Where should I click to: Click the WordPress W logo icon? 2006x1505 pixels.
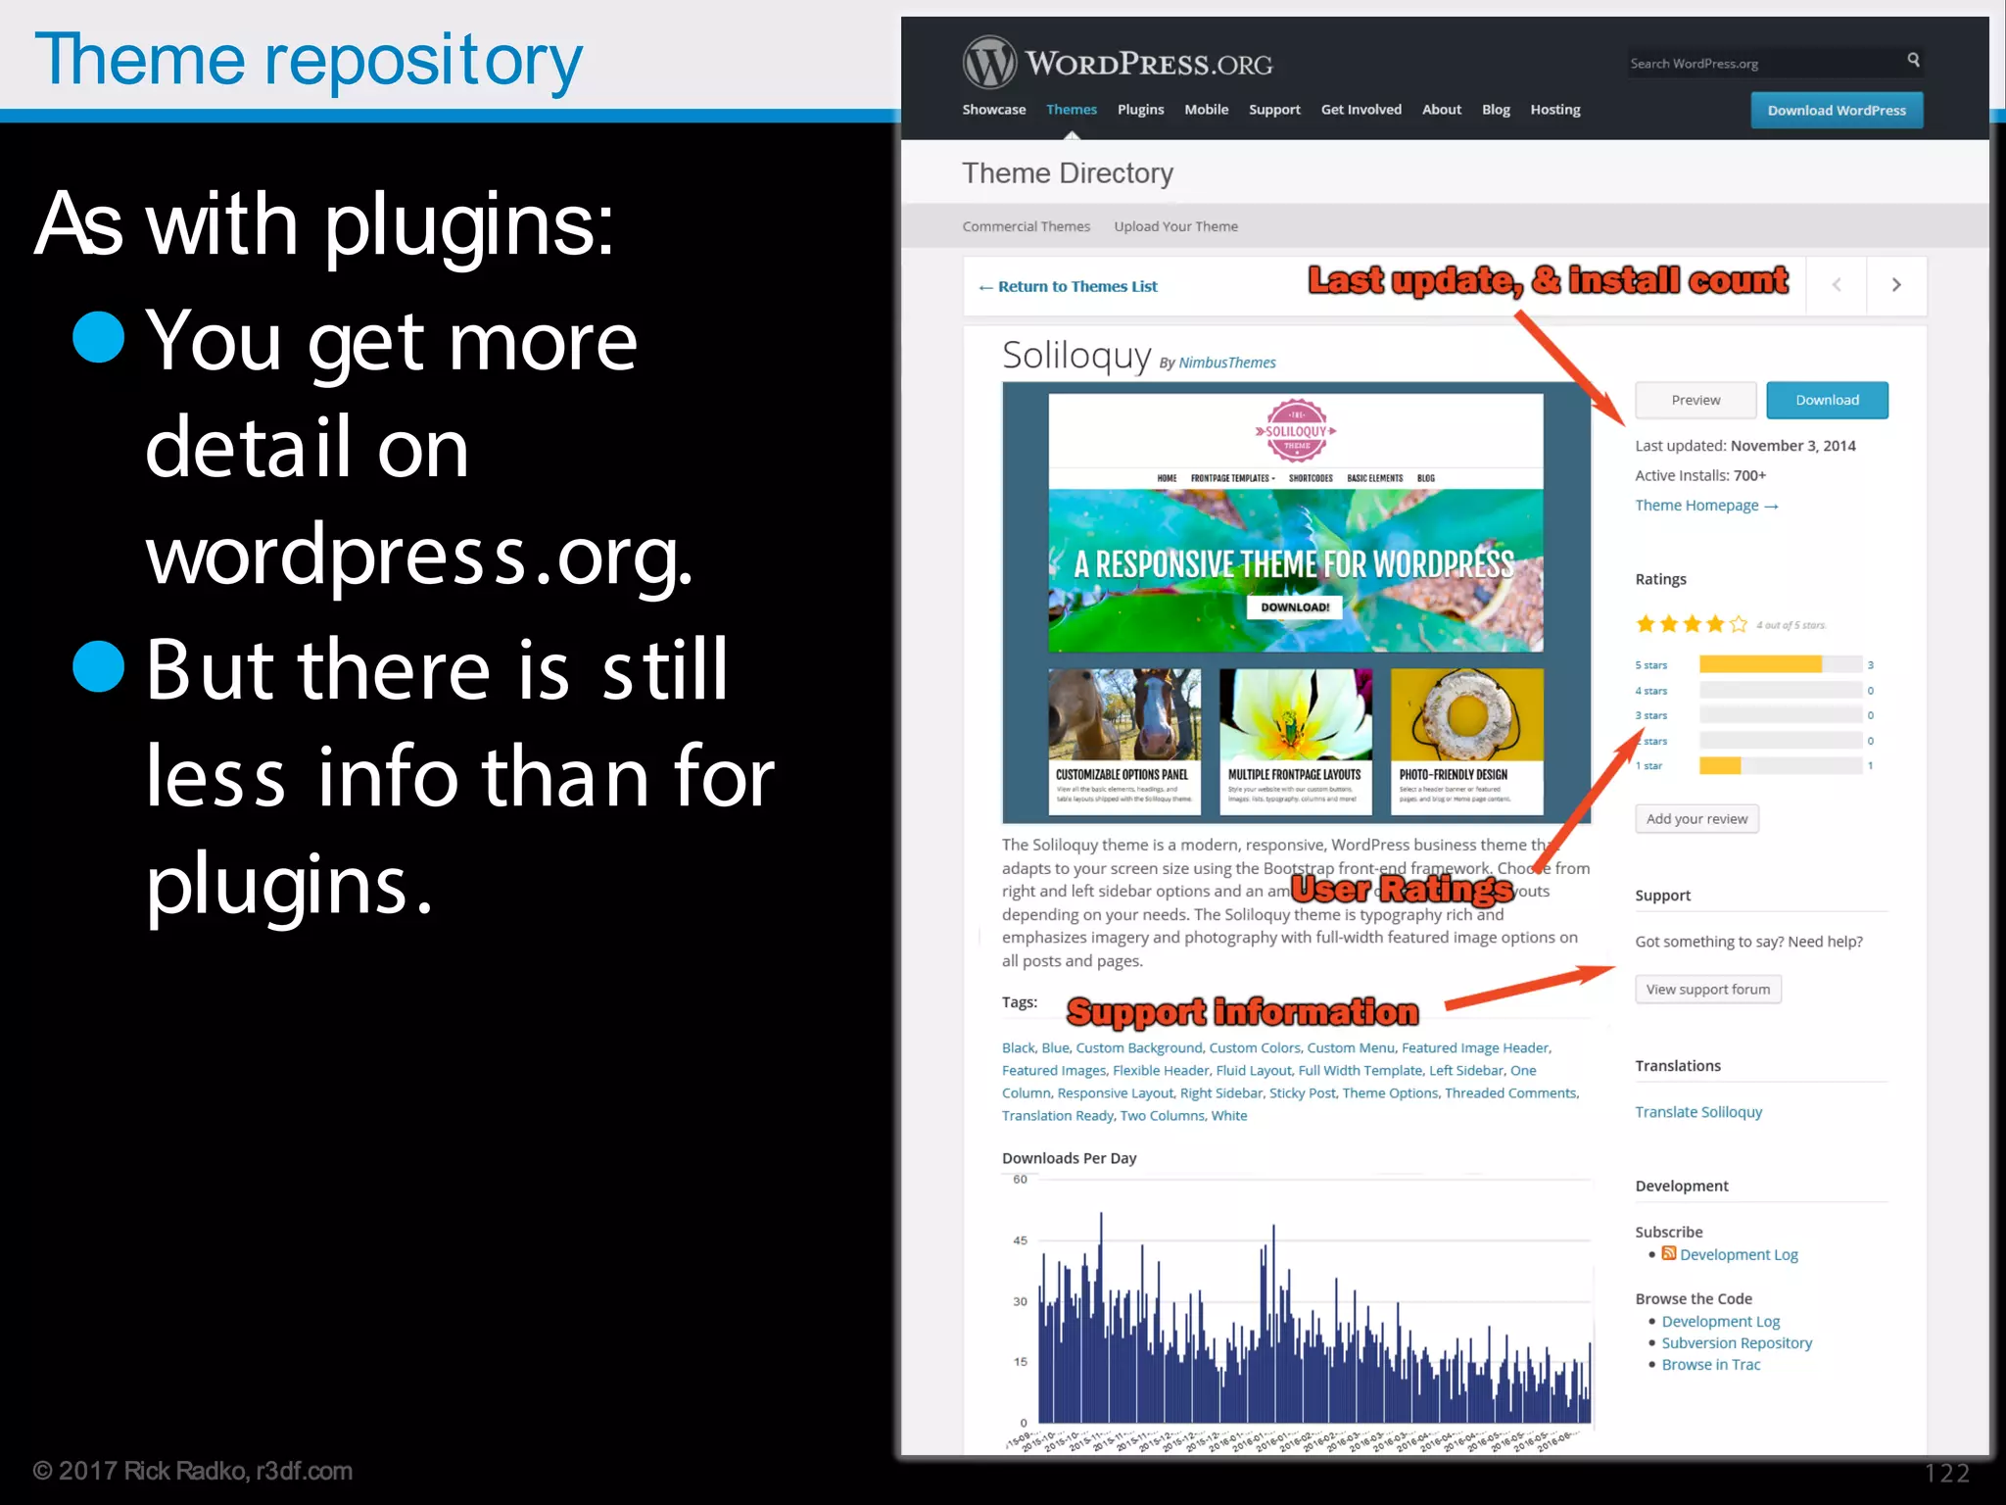(x=989, y=63)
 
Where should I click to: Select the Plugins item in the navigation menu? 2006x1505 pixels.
(x=1140, y=110)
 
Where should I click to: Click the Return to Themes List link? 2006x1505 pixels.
(x=1069, y=286)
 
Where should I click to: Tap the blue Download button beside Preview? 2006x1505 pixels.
(x=1827, y=400)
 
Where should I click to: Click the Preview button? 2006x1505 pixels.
(x=1696, y=400)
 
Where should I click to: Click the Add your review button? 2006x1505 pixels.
(x=1696, y=819)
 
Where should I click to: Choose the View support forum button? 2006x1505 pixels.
(x=1707, y=990)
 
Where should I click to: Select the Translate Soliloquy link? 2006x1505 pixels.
(x=1698, y=1112)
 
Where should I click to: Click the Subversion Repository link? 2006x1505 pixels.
(x=1737, y=1343)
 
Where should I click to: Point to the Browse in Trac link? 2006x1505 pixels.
(x=1710, y=1365)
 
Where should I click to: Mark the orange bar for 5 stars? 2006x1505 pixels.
(x=1760, y=664)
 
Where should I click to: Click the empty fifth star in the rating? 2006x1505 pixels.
(x=1739, y=624)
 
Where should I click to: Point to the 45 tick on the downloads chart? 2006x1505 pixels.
(x=1021, y=1240)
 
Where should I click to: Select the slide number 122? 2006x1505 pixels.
(x=1946, y=1473)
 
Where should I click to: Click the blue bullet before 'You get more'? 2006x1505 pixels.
(x=99, y=338)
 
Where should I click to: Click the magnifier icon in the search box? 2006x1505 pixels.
(x=1913, y=61)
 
